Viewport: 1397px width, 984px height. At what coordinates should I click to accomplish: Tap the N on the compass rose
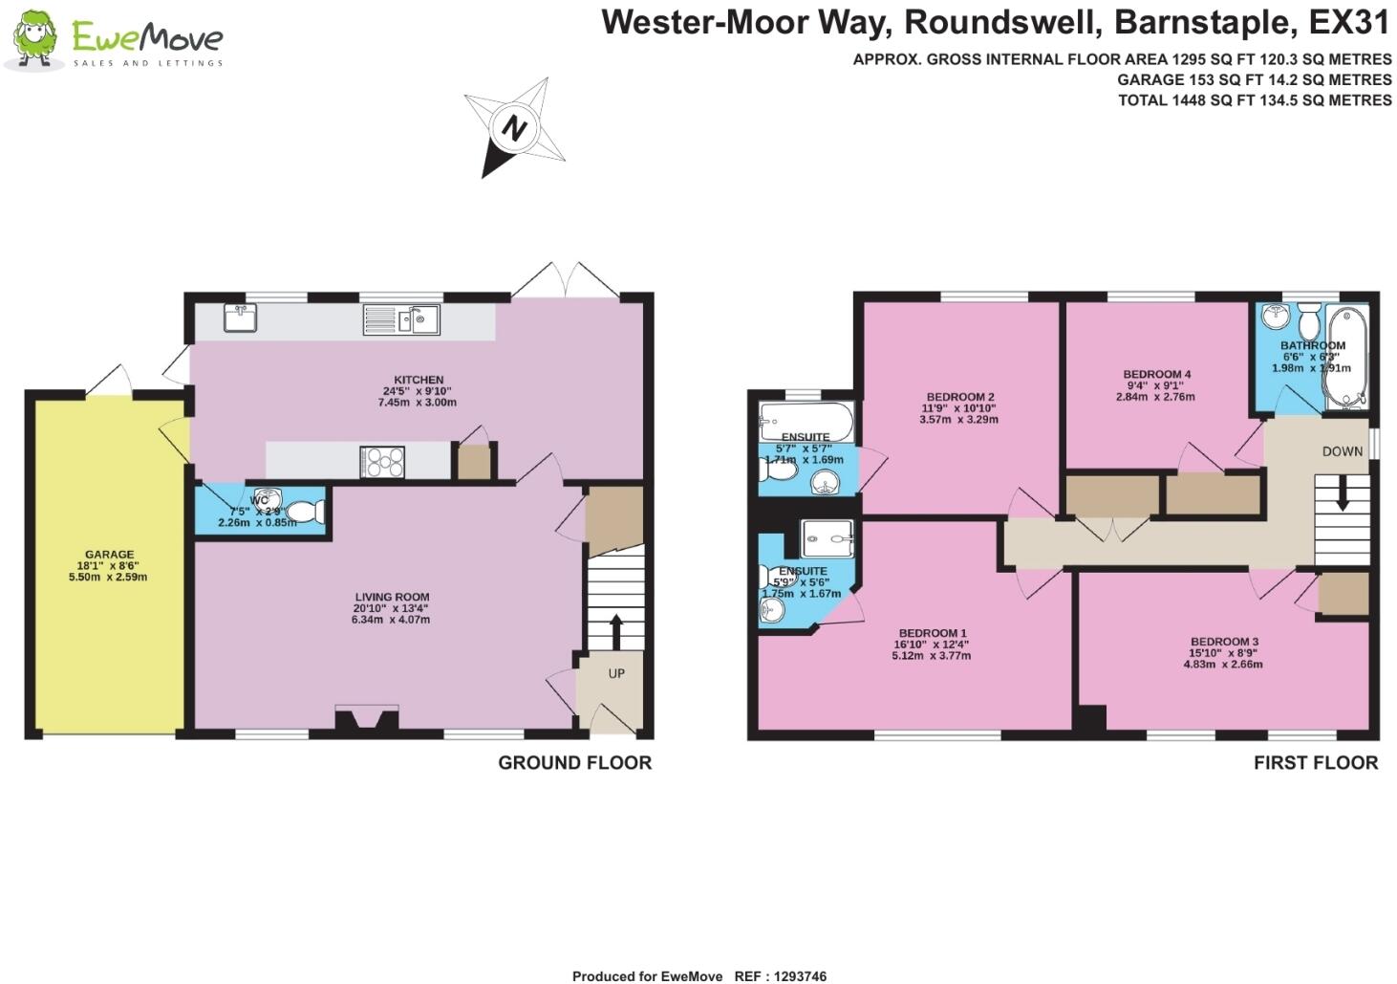515,128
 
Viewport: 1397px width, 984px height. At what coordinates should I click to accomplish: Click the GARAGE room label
109,555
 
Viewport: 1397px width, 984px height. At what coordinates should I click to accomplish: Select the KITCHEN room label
419,380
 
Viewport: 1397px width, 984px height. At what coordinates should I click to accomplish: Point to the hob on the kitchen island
382,462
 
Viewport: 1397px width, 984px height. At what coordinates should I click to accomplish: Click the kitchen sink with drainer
401,319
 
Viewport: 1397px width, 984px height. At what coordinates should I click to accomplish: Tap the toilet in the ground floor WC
304,513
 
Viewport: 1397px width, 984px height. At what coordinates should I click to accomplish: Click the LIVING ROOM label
392,597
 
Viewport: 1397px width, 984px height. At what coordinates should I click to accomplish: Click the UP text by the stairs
616,673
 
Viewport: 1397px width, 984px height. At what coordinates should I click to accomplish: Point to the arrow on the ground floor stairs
615,630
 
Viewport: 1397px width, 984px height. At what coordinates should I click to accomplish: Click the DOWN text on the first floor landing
1342,451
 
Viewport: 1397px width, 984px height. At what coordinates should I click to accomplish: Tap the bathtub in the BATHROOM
1345,358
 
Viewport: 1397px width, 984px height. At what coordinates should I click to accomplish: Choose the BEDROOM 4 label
1156,374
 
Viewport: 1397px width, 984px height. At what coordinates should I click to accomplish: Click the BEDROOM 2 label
960,397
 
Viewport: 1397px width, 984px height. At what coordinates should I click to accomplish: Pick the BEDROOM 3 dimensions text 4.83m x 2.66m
1223,664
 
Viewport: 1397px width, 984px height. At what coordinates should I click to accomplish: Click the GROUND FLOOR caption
574,762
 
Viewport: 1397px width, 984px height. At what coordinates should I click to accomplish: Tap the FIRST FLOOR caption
1315,762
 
